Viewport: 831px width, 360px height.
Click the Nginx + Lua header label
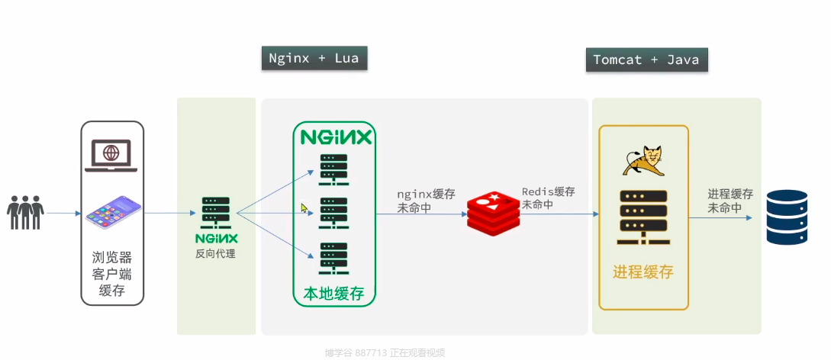pyautogui.click(x=314, y=59)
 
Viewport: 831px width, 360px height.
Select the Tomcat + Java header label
pyautogui.click(x=646, y=60)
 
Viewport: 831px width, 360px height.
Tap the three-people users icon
pyautogui.click(x=25, y=212)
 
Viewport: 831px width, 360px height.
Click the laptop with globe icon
pyautogui.click(x=111, y=155)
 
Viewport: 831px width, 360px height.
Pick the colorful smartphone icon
pyautogui.click(x=113, y=214)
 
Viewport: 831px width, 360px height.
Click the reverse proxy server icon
pyautogui.click(x=216, y=213)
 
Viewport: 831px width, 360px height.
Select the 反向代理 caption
pyautogui.click(x=216, y=253)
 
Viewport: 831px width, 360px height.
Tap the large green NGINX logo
pyautogui.click(x=336, y=137)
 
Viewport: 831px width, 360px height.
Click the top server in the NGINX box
pyautogui.click(x=333, y=169)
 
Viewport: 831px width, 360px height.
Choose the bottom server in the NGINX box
pyautogui.click(x=333, y=258)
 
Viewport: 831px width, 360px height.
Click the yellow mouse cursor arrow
pyautogui.click(x=305, y=208)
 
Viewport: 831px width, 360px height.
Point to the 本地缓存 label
pyautogui.click(x=334, y=294)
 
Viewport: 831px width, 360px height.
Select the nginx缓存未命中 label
pyautogui.click(x=426, y=201)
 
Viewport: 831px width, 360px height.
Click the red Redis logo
pyautogui.click(x=493, y=214)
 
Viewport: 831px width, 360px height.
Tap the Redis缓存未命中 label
pyautogui.click(x=549, y=198)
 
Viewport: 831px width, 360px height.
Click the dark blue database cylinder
pyautogui.click(x=787, y=217)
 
